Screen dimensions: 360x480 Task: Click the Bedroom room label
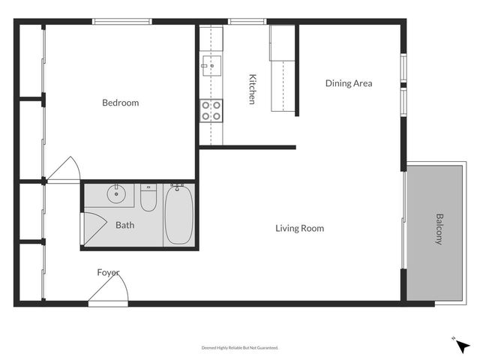(121, 103)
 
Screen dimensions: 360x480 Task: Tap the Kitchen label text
(253, 88)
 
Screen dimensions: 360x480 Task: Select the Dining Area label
(348, 83)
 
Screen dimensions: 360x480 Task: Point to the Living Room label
(299, 228)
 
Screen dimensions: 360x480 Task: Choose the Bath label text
(124, 224)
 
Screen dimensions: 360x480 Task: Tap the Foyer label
(108, 272)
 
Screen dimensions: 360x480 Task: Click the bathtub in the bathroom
(178, 216)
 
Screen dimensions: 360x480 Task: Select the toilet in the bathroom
(148, 198)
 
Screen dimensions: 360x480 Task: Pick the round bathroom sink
(116, 194)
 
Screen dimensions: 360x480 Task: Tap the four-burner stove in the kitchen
(211, 111)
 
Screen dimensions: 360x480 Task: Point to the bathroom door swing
(92, 229)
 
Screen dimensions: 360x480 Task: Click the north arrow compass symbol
(463, 346)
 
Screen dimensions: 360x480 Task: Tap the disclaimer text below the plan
(240, 347)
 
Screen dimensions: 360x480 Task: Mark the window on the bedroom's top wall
(122, 22)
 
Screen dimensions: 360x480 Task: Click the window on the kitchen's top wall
(241, 22)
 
